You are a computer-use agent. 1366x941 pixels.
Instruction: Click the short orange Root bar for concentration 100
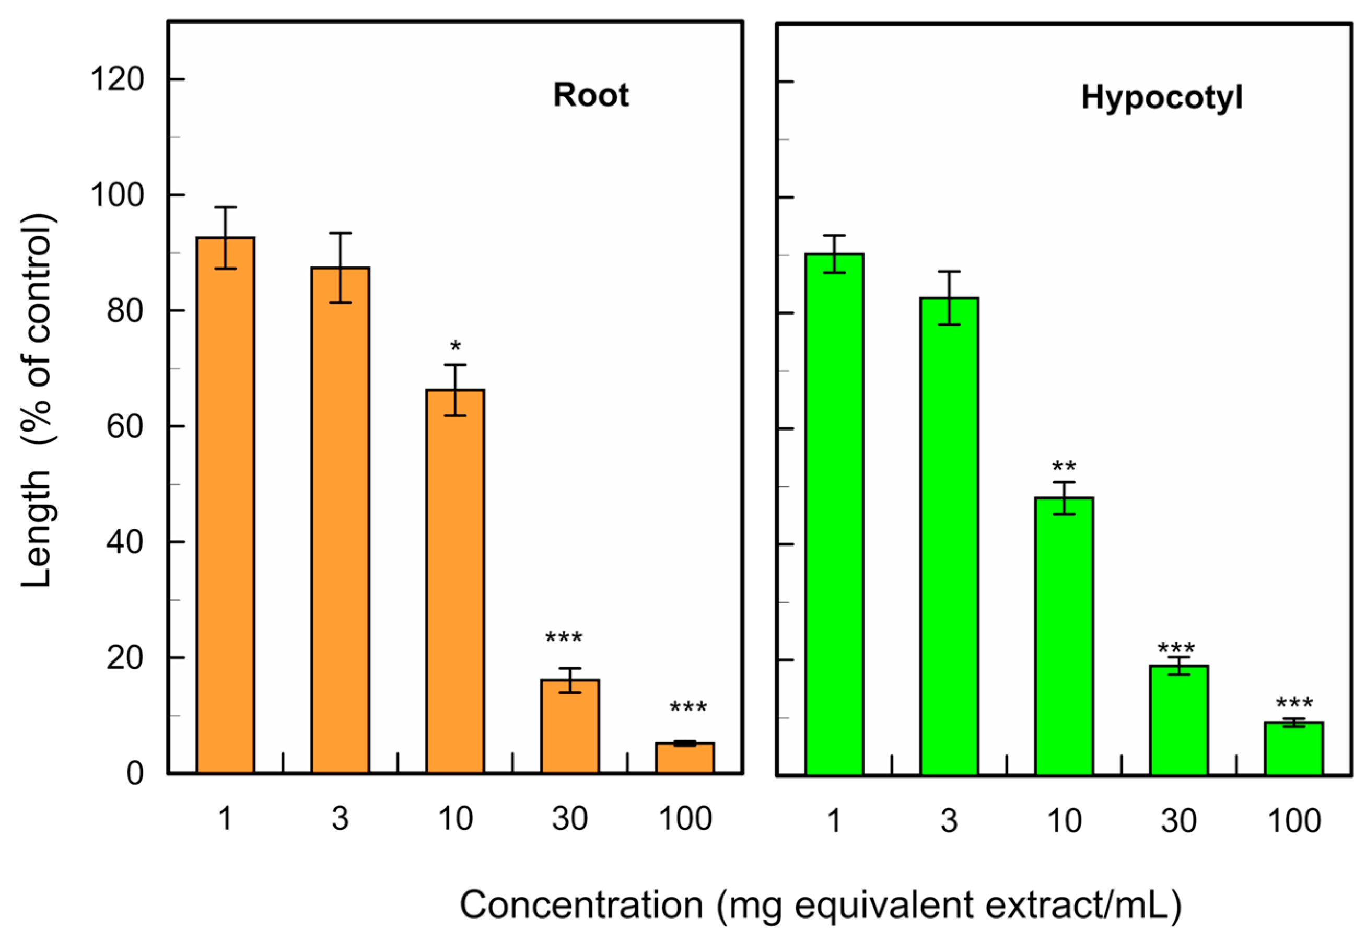coord(685,758)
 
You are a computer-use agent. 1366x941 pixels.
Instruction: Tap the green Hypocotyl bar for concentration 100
coord(1293,748)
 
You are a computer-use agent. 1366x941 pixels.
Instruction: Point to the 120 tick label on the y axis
coord(116,79)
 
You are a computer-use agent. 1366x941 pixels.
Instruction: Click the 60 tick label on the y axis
coord(125,426)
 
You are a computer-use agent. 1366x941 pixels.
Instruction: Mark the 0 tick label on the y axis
coord(134,774)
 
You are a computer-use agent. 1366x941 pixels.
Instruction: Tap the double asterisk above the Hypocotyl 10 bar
coord(1064,467)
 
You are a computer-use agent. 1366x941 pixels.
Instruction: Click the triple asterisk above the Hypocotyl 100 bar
coord(1294,703)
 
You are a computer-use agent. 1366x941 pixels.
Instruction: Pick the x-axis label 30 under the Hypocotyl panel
coord(1178,821)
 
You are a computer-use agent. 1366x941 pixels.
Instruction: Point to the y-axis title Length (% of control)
coord(38,401)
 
